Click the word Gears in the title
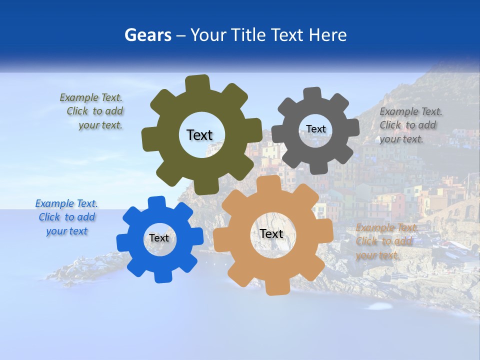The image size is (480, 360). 146,35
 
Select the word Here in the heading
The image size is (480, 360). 327,35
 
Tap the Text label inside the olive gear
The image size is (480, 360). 199,135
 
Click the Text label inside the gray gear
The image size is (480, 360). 315,129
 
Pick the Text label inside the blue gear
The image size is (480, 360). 159,238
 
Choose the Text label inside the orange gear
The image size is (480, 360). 271,233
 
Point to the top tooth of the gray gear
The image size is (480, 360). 313,94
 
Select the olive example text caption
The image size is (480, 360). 92,111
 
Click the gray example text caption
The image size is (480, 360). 410,125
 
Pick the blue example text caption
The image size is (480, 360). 66,217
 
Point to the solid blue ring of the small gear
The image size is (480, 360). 135,238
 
